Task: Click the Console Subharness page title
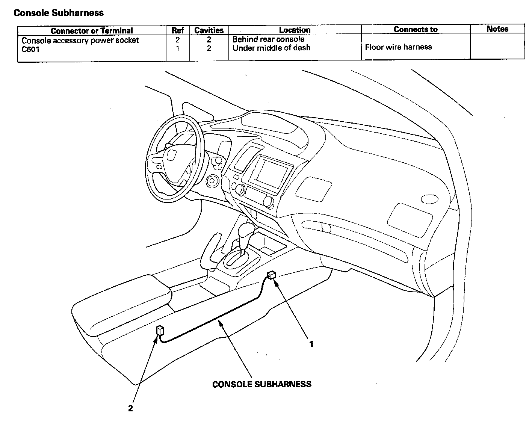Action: [x=58, y=13]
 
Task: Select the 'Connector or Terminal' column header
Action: [x=92, y=30]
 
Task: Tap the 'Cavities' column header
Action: [x=209, y=30]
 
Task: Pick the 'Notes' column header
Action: [x=497, y=29]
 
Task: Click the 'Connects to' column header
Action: [x=416, y=29]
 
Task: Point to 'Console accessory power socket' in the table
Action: [x=80, y=40]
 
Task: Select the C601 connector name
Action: [x=30, y=49]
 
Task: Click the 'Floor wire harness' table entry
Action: [x=398, y=47]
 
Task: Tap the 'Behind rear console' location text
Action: [x=268, y=39]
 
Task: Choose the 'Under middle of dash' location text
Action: [x=271, y=48]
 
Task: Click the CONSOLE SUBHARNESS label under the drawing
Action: [x=261, y=384]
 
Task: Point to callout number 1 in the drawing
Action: [x=311, y=344]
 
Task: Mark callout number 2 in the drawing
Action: [x=130, y=408]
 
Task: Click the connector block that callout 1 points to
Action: [x=271, y=275]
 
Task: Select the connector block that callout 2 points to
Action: [x=160, y=331]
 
